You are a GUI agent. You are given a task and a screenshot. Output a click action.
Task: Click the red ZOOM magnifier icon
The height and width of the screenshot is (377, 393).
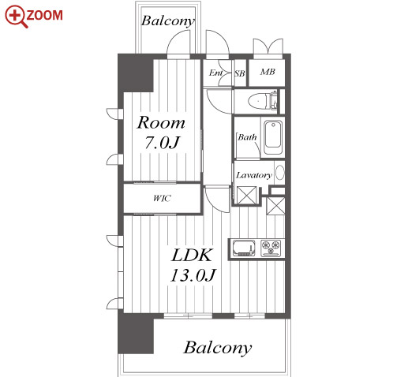(17, 17)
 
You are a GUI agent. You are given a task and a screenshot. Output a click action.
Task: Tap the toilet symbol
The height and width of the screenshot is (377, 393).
(263, 100)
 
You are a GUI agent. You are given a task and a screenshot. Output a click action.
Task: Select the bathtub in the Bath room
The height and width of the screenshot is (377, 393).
(273, 137)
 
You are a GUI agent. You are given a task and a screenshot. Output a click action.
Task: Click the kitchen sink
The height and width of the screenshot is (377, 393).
(244, 248)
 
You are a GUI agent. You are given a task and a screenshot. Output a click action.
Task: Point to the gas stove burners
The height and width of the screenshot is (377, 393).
(271, 248)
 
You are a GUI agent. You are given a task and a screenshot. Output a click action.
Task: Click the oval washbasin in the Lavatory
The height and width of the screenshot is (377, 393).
(280, 173)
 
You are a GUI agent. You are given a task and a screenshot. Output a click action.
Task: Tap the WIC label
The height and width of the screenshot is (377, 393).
(162, 198)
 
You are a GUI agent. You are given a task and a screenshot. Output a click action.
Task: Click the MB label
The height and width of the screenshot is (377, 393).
(268, 72)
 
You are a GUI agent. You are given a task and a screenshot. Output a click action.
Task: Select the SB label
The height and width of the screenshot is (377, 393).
(239, 73)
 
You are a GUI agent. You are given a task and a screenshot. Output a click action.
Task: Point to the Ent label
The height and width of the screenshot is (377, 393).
(216, 73)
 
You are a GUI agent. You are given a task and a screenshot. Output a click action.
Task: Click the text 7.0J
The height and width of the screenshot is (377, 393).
(162, 143)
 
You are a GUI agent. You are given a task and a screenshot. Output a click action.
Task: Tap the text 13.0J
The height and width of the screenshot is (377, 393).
(193, 275)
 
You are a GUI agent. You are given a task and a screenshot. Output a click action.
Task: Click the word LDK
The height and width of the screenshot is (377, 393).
(192, 255)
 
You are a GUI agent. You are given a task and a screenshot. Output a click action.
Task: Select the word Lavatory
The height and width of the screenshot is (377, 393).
(253, 175)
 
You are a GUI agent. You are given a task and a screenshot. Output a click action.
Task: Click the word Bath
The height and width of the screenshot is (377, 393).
(247, 137)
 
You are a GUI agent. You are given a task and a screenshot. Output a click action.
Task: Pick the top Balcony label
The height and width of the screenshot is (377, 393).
(168, 21)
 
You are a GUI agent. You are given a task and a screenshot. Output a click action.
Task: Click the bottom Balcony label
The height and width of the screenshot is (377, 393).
(217, 348)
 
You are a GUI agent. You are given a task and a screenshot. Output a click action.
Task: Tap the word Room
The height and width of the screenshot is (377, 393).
(161, 122)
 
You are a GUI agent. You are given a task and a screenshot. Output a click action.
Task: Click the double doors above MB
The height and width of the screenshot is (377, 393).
(268, 48)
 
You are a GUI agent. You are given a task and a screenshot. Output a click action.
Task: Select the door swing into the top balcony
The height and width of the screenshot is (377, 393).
(178, 44)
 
